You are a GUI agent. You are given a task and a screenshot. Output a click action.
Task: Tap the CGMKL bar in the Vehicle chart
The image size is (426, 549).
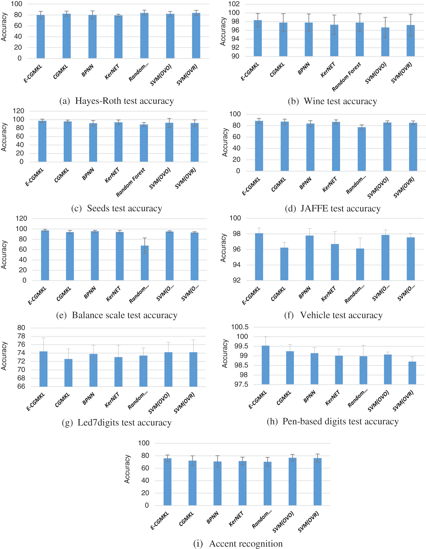284,264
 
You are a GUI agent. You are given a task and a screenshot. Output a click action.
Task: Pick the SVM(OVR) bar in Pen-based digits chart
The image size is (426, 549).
412,373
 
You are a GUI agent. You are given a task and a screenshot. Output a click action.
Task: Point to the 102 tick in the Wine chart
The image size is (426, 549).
234,4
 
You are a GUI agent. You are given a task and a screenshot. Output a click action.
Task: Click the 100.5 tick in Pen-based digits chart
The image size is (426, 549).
240,327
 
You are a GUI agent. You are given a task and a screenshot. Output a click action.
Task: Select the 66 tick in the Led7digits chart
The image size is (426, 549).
21,386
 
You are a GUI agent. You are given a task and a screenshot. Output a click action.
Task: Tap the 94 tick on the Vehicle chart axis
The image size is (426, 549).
236,265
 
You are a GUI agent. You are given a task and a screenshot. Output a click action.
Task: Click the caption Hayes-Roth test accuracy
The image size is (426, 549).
124,101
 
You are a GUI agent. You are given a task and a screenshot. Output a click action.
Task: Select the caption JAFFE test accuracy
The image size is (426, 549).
340,208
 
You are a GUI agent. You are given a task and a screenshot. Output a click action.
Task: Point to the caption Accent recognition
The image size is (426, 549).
246,543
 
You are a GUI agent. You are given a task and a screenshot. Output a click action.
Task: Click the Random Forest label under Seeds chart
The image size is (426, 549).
130,182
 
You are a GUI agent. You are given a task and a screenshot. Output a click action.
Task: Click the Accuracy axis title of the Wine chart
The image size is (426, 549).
223,31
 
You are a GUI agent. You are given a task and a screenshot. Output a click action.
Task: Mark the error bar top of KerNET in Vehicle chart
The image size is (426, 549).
335,232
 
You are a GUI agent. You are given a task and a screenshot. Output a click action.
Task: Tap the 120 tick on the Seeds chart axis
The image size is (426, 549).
18,111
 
